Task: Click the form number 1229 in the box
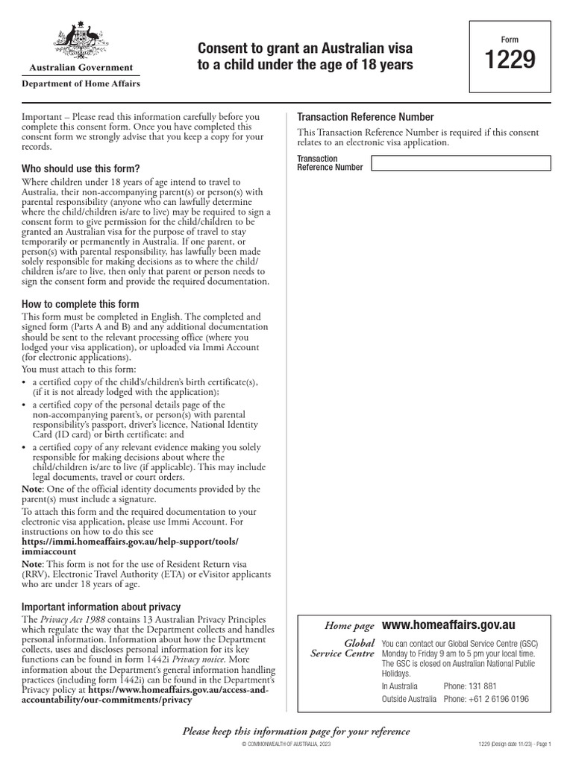[x=510, y=60]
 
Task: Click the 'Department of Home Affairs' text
[x=81, y=84]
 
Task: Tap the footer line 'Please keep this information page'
[x=296, y=731]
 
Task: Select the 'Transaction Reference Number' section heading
[x=366, y=117]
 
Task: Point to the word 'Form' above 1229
[x=510, y=39]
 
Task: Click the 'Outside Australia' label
[x=409, y=700]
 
